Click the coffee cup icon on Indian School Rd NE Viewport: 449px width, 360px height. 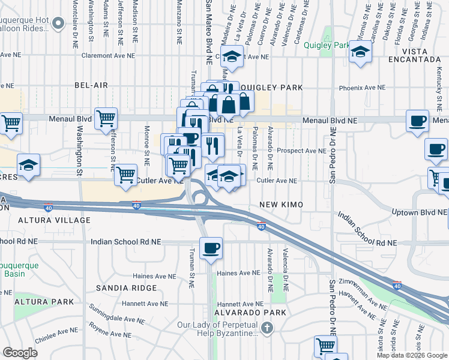point(210,248)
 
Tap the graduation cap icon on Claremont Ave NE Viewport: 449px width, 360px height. point(231,57)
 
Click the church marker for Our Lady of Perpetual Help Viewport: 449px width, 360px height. point(268,328)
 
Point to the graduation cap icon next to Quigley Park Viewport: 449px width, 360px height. point(360,52)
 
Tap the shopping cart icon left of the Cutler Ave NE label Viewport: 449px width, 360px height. point(125,175)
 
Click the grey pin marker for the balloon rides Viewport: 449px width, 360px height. point(58,23)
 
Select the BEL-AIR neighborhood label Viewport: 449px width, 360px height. point(91,86)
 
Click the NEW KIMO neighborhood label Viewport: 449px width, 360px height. point(281,205)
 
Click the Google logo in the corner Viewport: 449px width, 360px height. point(20,353)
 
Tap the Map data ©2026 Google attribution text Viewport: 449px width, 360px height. point(412,355)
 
